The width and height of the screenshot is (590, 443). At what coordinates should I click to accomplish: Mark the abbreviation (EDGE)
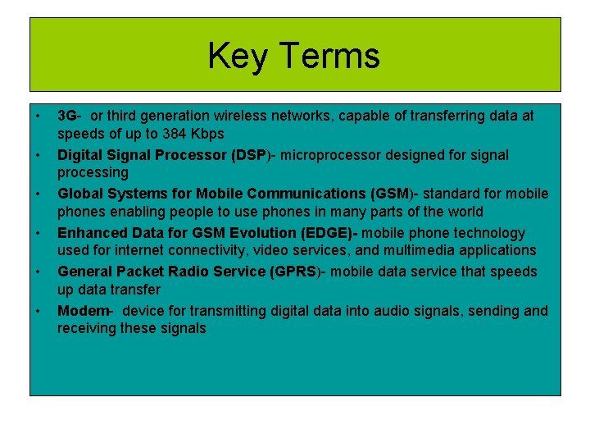(x=322, y=233)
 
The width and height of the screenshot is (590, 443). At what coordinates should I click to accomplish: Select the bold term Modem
(x=83, y=311)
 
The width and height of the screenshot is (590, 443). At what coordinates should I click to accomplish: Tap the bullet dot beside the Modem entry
(x=39, y=310)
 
